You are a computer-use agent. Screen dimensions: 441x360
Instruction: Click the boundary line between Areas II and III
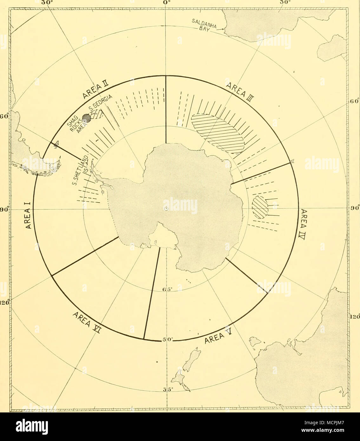click(166, 109)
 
